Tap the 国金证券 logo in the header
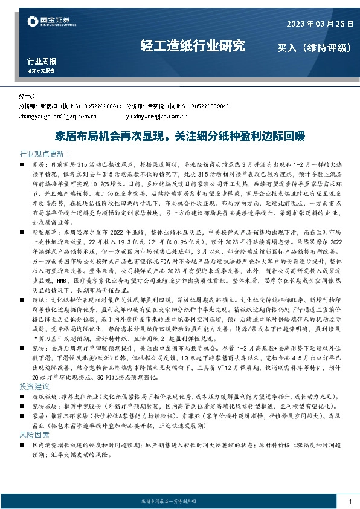(x=51, y=23)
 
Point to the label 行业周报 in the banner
(x=42, y=62)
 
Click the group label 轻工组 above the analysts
(x=27, y=96)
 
